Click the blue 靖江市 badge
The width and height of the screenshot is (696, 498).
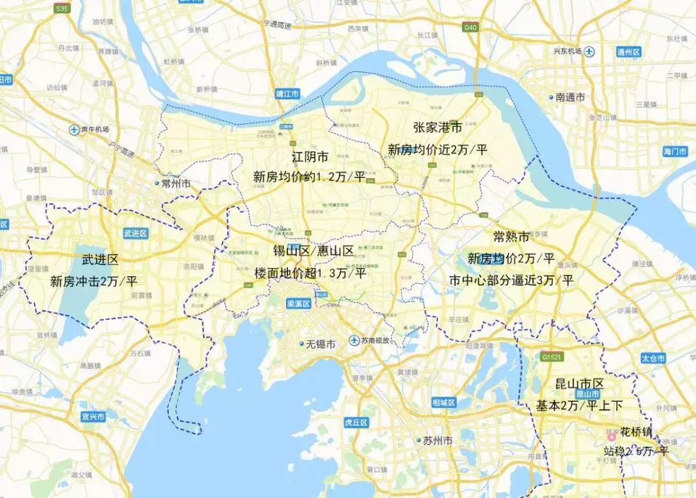pyautogui.click(x=288, y=94)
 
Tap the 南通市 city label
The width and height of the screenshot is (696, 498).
pyautogui.click(x=570, y=97)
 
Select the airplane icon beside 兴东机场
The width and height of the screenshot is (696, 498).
pyautogui.click(x=590, y=52)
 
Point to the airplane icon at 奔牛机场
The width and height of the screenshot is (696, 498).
pyautogui.click(x=73, y=130)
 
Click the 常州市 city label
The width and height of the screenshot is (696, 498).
pyautogui.click(x=175, y=184)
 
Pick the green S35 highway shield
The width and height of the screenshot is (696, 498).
pyautogui.click(x=62, y=9)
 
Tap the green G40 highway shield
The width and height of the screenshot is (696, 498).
pyautogui.click(x=470, y=28)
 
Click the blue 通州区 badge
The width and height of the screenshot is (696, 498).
pyautogui.click(x=628, y=52)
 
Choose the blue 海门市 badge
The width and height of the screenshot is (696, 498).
pyautogui.click(x=675, y=152)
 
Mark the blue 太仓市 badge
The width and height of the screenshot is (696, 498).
pyautogui.click(x=652, y=358)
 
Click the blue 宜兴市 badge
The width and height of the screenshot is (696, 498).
pyautogui.click(x=93, y=417)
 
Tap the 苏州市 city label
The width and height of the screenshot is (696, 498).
pyautogui.click(x=437, y=441)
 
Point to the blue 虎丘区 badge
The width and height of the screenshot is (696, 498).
pyautogui.click(x=355, y=423)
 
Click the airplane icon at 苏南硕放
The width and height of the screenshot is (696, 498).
pyautogui.click(x=354, y=340)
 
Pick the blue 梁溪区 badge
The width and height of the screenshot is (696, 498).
pyautogui.click(x=298, y=303)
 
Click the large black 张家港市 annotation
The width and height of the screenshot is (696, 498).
pyautogui.click(x=438, y=128)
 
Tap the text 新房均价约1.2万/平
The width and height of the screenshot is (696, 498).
pyautogui.click(x=309, y=176)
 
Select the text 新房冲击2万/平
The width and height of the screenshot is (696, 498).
pyautogui.click(x=94, y=281)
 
